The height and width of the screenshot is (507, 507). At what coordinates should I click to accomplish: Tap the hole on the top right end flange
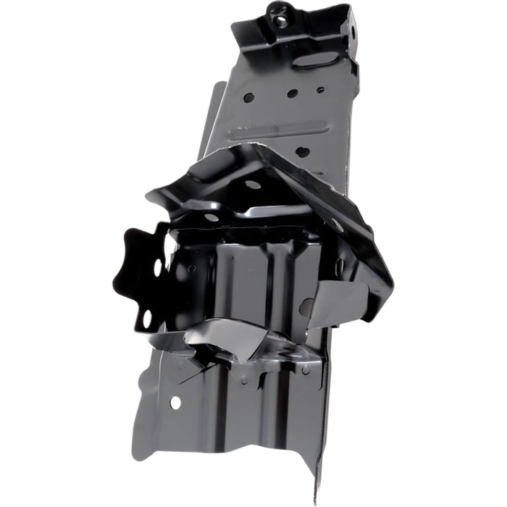click(353, 31)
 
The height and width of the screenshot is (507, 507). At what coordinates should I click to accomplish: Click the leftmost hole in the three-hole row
click(248, 98)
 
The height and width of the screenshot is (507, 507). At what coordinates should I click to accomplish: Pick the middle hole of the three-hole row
click(292, 93)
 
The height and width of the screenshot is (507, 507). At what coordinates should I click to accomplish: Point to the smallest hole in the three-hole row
click(320, 91)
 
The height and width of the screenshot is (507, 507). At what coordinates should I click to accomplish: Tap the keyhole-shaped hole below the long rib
click(302, 152)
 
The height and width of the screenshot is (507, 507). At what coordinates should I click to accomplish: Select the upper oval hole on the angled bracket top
click(252, 184)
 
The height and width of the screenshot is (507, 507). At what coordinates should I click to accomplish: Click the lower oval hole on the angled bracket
click(211, 217)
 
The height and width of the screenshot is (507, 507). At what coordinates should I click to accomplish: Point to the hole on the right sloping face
click(338, 225)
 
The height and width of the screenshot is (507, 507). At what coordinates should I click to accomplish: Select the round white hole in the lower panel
click(175, 402)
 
